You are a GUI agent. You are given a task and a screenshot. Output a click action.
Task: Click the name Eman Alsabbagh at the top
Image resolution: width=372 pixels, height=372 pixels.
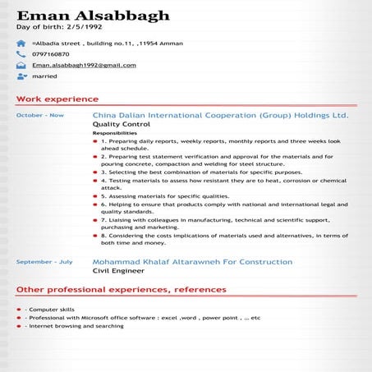[93, 16]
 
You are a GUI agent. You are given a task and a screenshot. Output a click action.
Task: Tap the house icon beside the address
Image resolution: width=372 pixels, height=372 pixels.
[21, 43]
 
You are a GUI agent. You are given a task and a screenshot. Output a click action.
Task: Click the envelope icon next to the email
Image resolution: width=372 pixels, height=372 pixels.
[21, 65]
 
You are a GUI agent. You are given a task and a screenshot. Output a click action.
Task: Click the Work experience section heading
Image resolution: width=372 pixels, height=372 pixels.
[57, 99]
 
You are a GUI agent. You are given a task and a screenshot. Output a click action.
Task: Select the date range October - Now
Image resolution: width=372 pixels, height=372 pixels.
[39, 116]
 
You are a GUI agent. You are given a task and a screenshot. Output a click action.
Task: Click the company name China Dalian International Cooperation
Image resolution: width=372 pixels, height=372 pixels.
[220, 116]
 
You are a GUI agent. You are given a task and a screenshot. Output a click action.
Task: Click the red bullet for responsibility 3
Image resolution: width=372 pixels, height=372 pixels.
[95, 173]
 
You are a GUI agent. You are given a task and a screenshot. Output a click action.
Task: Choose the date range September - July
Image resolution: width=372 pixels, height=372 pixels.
[44, 262]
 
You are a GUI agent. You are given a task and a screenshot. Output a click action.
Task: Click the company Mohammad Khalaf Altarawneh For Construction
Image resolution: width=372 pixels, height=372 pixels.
[192, 262]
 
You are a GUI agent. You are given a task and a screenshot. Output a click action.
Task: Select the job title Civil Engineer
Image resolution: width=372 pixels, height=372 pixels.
[117, 271]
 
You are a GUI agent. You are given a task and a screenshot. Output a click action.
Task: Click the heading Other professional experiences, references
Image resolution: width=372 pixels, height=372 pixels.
[121, 290]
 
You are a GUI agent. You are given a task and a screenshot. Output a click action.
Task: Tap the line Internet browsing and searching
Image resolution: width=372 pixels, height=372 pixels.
[75, 326]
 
